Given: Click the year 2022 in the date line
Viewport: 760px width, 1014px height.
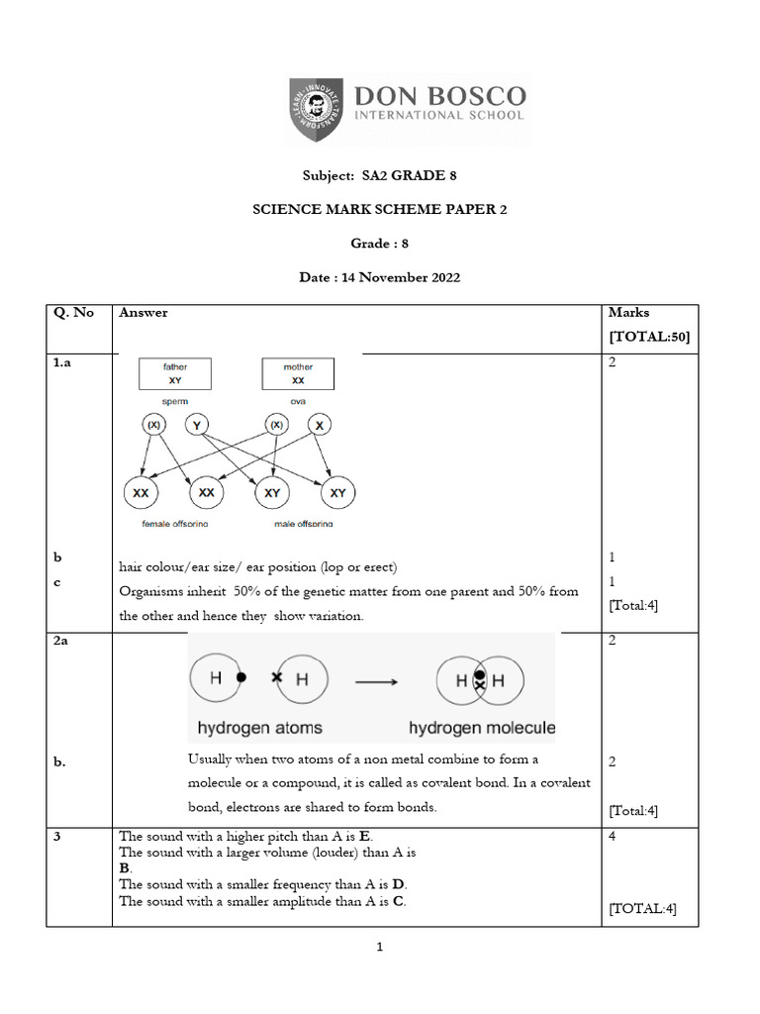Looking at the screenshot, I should click(441, 278).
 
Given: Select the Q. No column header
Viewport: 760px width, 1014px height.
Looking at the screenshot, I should click(74, 313).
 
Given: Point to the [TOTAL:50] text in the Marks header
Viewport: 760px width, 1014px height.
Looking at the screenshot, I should click(650, 337).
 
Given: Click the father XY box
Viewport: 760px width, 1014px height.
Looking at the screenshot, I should click(174, 373).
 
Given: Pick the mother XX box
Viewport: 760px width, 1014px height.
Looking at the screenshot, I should click(298, 373).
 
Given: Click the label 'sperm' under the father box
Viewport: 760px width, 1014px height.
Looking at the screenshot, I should click(174, 401).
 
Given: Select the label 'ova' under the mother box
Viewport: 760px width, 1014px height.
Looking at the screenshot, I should click(298, 401).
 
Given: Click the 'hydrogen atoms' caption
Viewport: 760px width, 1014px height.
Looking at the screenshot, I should click(260, 728).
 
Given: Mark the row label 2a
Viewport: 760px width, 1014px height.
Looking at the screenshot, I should click(61, 642).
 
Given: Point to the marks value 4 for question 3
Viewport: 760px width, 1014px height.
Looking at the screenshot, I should click(613, 837).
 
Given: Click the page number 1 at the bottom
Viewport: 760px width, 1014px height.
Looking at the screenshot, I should click(380, 948).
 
